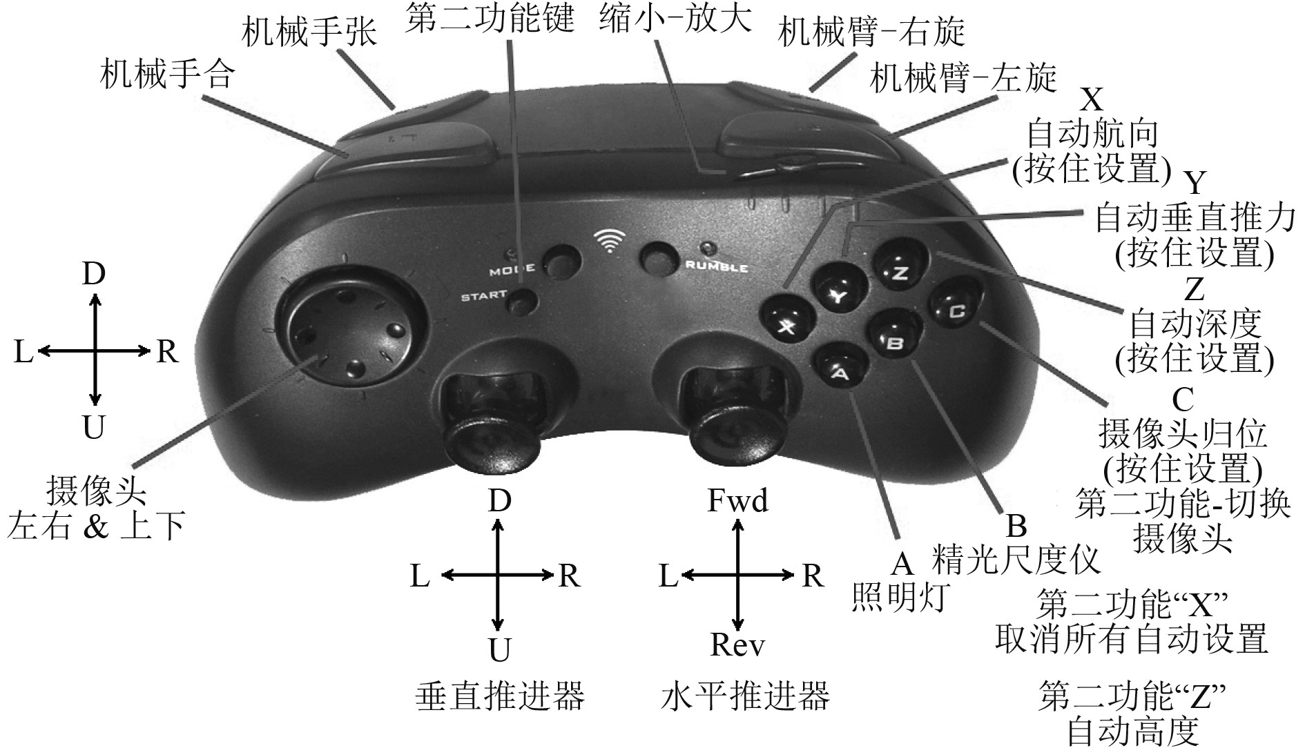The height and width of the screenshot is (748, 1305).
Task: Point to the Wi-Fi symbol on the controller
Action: click(608, 241)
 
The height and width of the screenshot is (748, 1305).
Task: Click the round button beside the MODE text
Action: click(562, 262)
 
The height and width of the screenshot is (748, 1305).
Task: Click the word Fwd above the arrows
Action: click(737, 500)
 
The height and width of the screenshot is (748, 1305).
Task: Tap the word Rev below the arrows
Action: click(737, 645)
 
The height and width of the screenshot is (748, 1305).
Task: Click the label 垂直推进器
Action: click(500, 696)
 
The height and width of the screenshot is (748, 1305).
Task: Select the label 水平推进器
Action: click(744, 696)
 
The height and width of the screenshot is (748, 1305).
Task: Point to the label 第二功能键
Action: click(490, 19)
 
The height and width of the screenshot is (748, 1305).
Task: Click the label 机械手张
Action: click(309, 31)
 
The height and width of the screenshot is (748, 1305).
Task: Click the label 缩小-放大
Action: click(675, 19)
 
